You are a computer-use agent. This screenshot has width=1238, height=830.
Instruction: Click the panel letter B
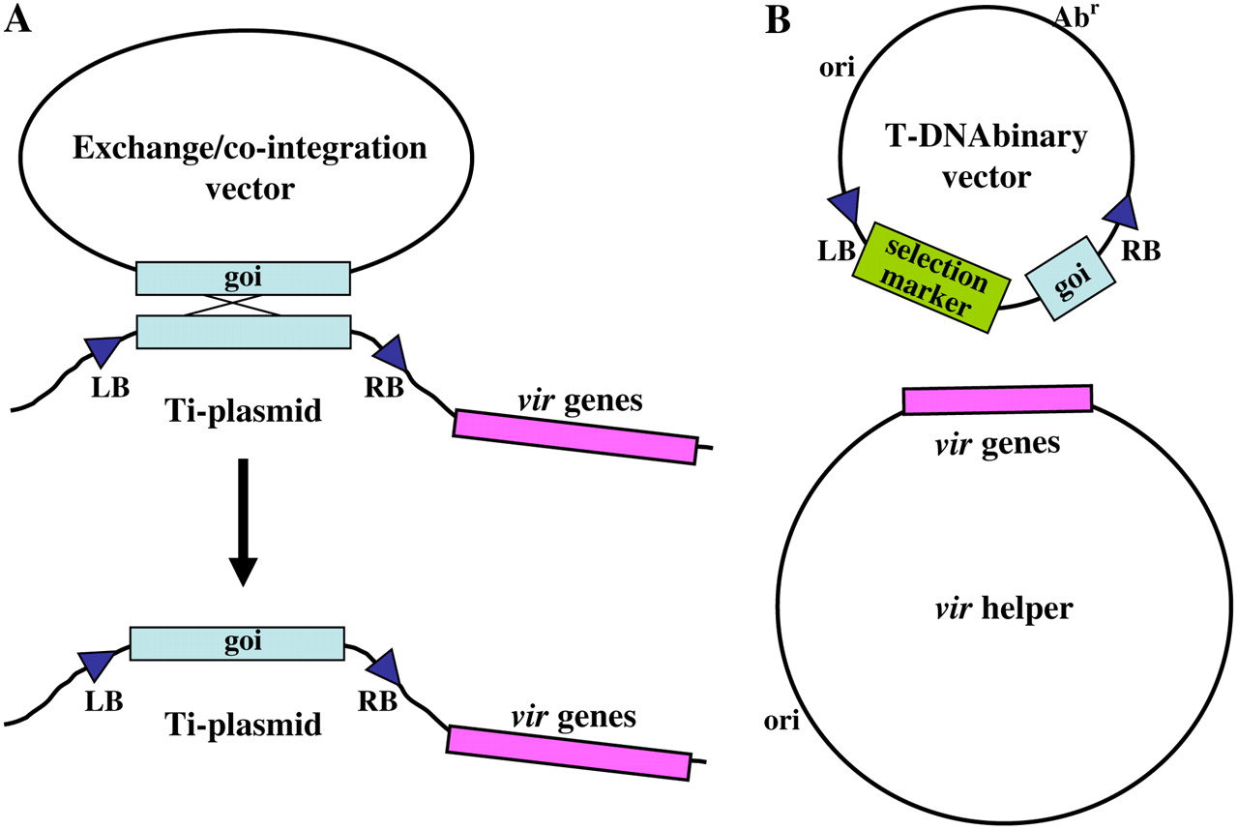point(778,21)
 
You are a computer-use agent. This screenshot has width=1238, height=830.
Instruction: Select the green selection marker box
point(931,278)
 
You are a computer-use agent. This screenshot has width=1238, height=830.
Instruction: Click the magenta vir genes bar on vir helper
point(997,400)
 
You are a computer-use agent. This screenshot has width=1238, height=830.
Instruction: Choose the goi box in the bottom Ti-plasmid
point(236,642)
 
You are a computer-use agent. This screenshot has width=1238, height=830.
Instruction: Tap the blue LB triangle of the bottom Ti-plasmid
point(95,665)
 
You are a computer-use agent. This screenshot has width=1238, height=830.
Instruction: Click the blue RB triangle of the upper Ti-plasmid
point(392,353)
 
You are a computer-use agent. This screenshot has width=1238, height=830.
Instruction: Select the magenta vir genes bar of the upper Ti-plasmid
point(575,436)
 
